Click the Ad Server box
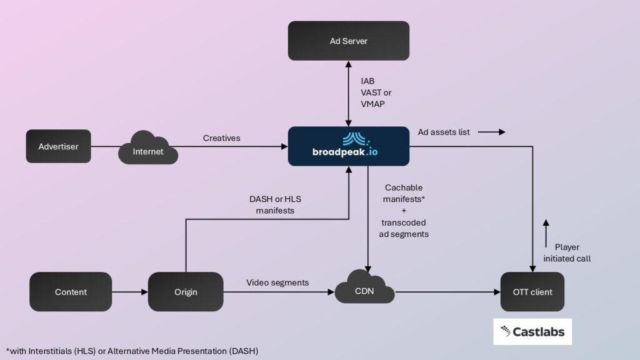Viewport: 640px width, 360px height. point(348,41)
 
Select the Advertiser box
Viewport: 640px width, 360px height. point(58,146)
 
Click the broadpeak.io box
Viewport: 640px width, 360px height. point(348,146)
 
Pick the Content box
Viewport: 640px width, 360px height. point(71,292)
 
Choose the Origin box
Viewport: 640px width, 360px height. point(186,292)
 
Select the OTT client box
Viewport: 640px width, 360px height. point(532,292)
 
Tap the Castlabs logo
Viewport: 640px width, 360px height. point(532,332)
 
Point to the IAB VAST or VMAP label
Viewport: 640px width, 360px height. point(376,92)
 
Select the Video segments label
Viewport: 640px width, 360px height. point(277,282)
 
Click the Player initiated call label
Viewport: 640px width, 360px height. point(567,252)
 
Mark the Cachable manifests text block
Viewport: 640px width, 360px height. point(404,211)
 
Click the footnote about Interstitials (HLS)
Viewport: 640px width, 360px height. point(132,351)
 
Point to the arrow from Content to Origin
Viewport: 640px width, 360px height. point(130,292)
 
